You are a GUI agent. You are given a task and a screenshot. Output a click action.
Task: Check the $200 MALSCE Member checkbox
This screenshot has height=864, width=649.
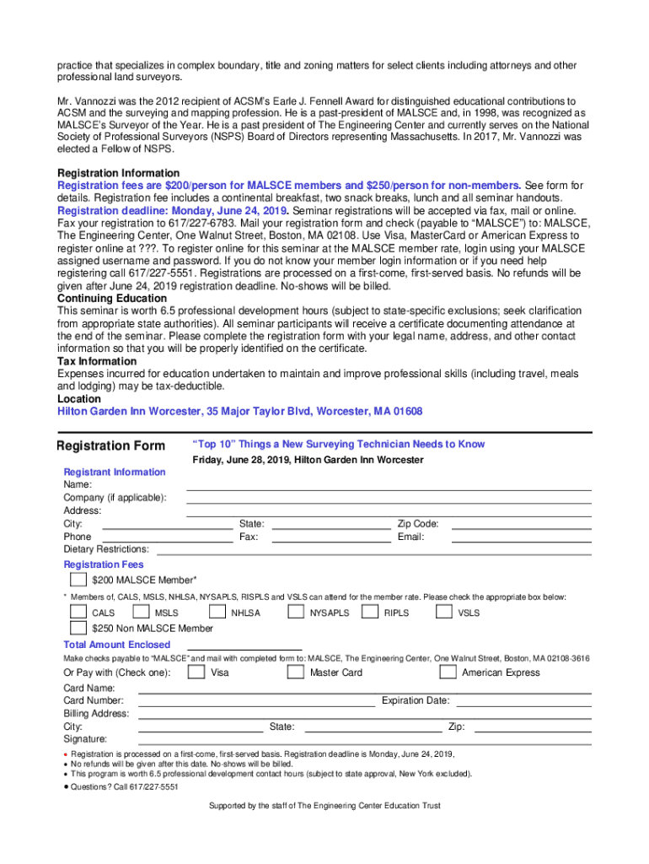(78, 580)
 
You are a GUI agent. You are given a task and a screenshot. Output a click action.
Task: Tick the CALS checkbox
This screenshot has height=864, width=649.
(78, 613)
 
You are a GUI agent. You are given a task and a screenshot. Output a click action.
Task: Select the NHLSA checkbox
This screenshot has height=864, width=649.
(217, 613)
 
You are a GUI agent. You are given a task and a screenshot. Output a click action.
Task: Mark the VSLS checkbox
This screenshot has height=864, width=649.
(443, 613)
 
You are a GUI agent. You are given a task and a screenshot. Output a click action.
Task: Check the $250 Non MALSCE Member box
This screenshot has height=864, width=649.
(78, 628)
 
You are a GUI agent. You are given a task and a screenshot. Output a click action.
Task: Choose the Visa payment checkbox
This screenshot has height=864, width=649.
(196, 672)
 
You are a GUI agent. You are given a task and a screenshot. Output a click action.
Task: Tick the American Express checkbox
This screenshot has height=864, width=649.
(448, 672)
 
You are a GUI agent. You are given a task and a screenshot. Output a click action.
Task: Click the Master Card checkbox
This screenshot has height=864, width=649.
(295, 672)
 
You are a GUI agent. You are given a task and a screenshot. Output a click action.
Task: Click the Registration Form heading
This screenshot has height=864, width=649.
(110, 445)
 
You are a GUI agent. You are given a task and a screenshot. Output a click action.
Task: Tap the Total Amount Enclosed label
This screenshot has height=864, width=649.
(117, 645)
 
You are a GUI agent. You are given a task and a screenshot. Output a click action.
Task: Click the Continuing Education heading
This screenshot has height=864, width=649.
(112, 299)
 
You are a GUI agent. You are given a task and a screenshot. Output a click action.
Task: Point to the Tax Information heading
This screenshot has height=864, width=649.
(97, 361)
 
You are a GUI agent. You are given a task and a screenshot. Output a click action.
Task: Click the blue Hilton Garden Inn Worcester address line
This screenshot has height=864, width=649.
(239, 412)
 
